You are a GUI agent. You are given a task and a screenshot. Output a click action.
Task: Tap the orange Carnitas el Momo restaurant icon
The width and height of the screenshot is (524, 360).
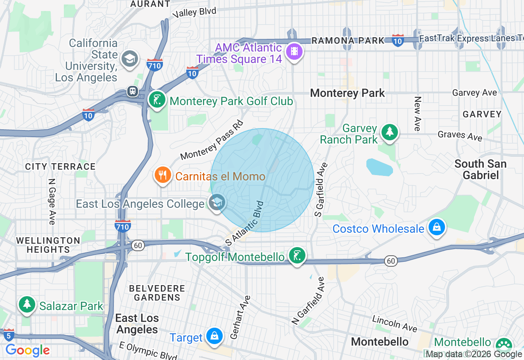[163, 175]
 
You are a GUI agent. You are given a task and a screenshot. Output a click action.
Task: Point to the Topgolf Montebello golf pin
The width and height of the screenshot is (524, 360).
[297, 256]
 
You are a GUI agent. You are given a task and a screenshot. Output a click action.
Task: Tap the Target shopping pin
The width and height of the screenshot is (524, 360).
[214, 336]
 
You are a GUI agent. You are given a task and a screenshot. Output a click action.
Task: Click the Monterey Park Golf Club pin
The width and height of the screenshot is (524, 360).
[157, 100]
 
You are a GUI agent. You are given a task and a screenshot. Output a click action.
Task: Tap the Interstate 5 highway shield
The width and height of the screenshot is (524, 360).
[9, 335]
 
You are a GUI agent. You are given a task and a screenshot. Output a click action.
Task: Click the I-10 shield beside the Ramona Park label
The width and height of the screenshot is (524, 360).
[398, 40]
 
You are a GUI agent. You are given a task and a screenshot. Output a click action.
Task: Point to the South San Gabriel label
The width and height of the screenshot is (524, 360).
[480, 169]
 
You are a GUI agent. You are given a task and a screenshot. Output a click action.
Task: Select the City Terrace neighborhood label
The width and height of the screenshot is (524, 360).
[60, 166]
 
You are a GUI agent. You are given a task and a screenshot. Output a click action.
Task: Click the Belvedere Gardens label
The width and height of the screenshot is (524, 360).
[157, 293]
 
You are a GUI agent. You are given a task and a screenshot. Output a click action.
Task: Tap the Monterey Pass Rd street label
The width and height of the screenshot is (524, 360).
[212, 140]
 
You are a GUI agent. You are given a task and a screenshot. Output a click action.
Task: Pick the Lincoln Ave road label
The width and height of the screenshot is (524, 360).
[394, 324]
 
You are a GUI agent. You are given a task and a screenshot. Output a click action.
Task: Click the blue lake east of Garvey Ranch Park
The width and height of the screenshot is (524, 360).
[379, 167]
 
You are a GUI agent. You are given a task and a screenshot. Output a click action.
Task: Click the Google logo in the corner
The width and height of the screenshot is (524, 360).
[27, 350]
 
